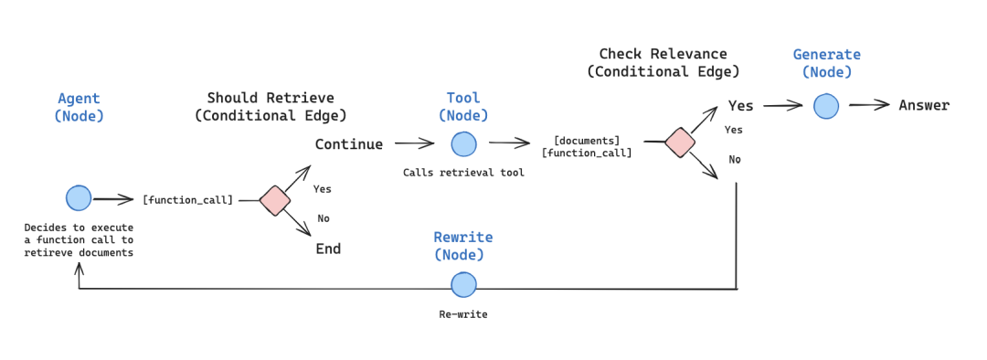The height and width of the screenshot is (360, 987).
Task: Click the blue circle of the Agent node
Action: pos(79,198)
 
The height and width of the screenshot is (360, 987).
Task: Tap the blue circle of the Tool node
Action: pos(463,143)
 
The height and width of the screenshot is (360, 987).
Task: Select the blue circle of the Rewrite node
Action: pos(463,284)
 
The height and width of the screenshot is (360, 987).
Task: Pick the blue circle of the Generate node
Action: pos(826,106)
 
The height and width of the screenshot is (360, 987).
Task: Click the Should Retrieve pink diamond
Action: pos(274,199)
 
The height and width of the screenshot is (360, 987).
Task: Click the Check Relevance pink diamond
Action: pos(679,142)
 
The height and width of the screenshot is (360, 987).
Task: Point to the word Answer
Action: pos(924,105)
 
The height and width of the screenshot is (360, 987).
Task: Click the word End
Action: pos(328,249)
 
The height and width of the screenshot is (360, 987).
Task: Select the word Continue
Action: pos(349,144)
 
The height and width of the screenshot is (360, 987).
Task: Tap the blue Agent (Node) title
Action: pos(79,107)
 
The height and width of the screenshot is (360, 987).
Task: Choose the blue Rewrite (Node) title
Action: pos(463,246)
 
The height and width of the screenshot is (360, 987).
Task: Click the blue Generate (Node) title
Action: pos(826,63)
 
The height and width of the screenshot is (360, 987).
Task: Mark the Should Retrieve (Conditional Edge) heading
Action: pos(271,106)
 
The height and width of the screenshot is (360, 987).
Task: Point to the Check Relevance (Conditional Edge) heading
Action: pos(663,62)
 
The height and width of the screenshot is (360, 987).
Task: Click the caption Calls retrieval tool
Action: pos(463,173)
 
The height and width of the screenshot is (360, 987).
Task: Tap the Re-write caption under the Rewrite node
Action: pos(463,313)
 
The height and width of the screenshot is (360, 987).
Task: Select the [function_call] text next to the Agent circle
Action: pos(187,199)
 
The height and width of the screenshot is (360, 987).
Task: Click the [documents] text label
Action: pos(586,140)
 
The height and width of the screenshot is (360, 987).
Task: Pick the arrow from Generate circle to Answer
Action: pos(868,105)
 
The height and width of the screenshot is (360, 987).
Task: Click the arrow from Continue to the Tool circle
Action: pos(414,143)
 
